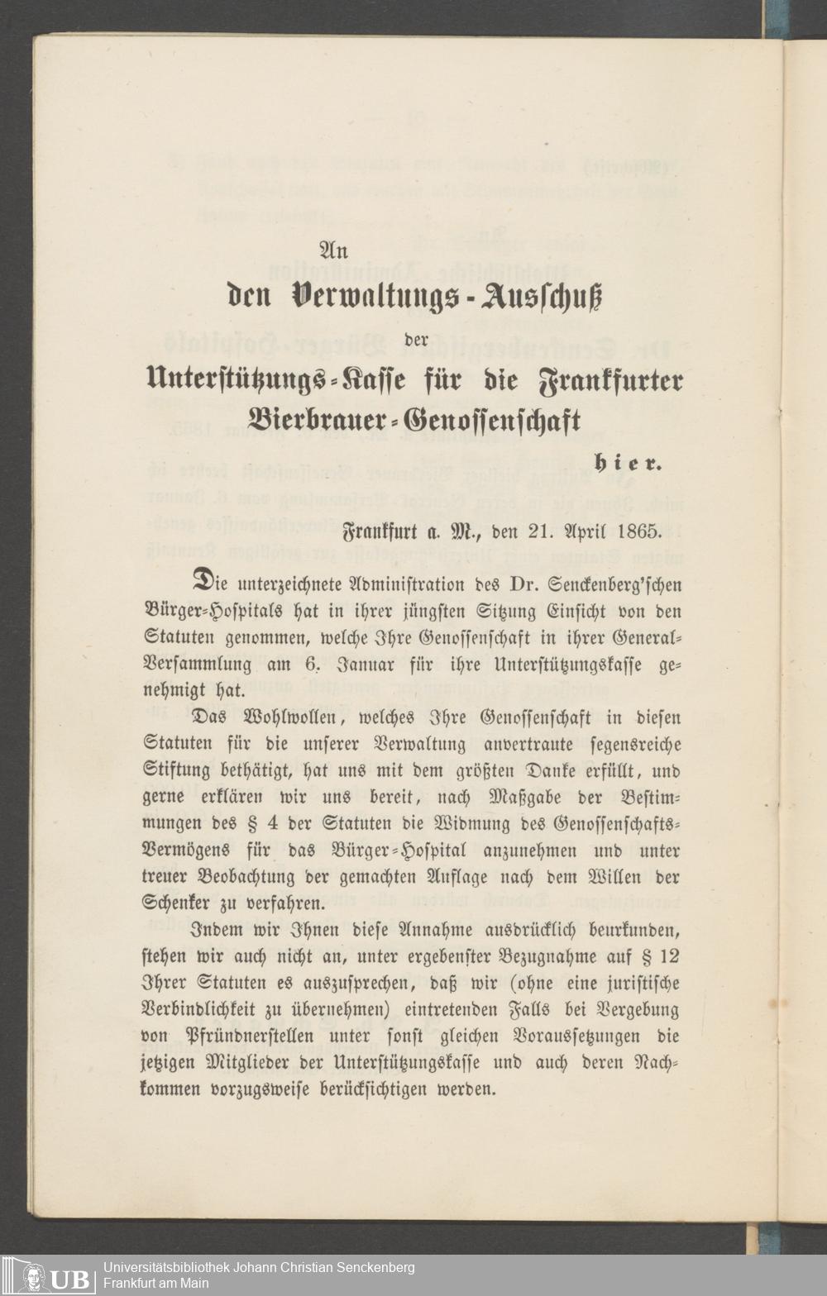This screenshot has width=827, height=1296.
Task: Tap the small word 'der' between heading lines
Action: [417, 341]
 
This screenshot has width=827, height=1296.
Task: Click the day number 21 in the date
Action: [542, 530]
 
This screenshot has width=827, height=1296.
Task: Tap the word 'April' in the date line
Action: [588, 530]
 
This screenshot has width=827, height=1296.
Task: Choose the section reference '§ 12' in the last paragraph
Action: [661, 957]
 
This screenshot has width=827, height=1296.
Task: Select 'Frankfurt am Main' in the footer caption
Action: [156, 1284]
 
